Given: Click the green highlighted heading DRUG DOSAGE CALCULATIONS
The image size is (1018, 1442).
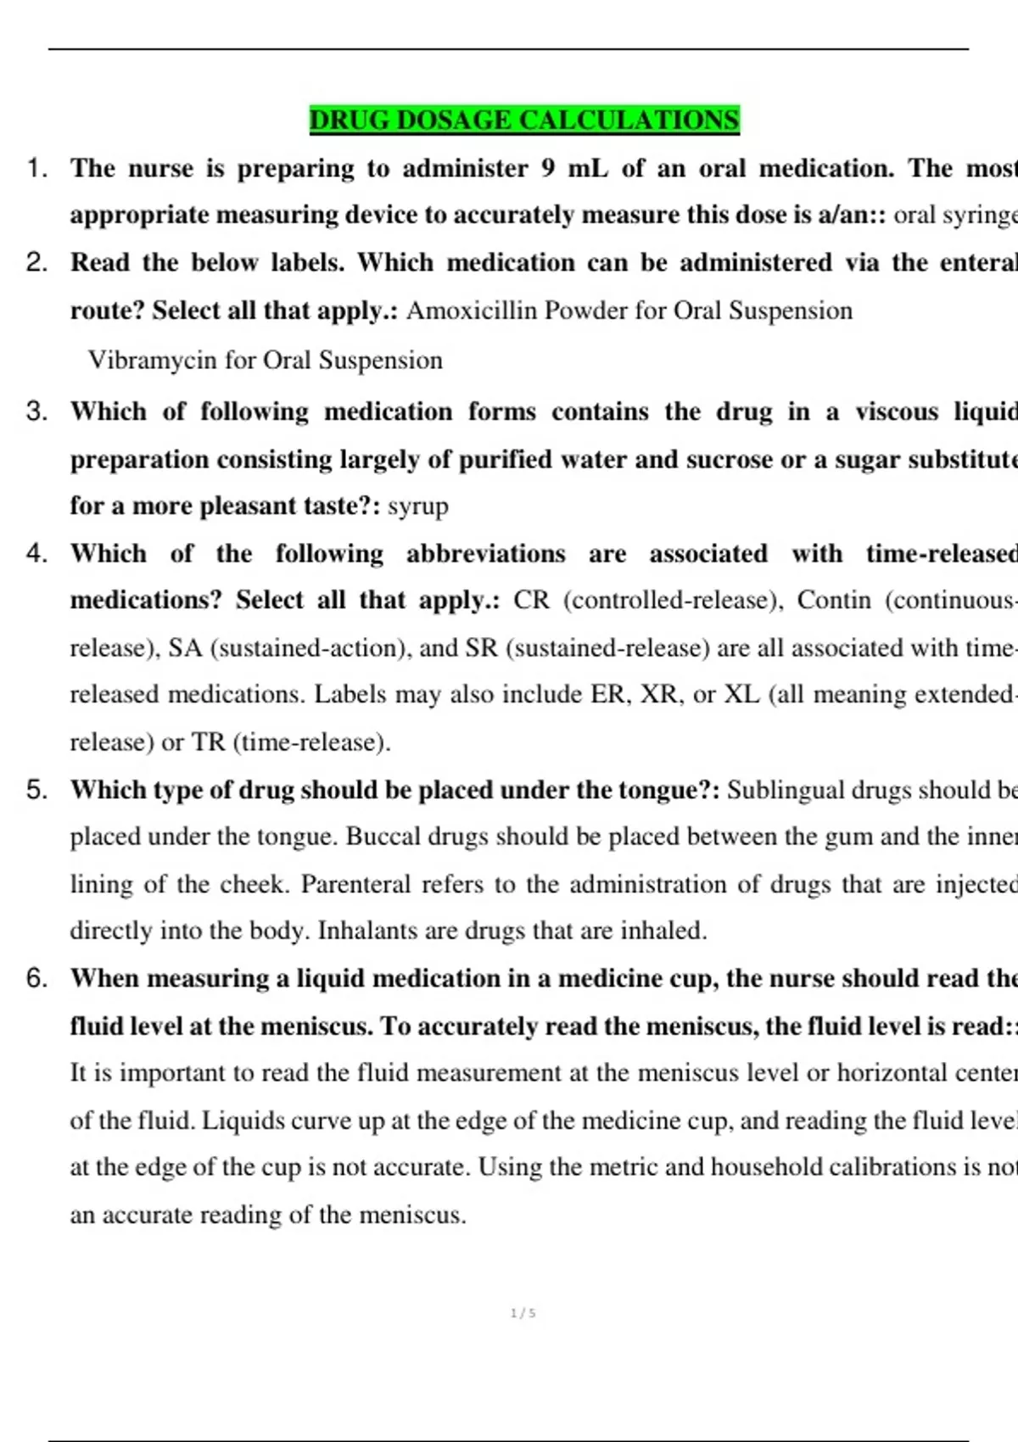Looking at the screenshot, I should click(524, 120).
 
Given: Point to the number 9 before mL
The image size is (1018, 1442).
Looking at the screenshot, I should click(548, 168).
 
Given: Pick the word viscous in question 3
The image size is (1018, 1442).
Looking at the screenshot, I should click(897, 411).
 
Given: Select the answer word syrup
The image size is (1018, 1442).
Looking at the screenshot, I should click(418, 506).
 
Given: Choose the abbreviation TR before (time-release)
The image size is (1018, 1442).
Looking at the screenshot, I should click(208, 742).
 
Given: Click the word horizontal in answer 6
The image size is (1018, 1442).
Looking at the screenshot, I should click(892, 1073).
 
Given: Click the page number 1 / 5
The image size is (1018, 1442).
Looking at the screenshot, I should click(523, 1313).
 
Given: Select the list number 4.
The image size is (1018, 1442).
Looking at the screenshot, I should click(36, 554).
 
